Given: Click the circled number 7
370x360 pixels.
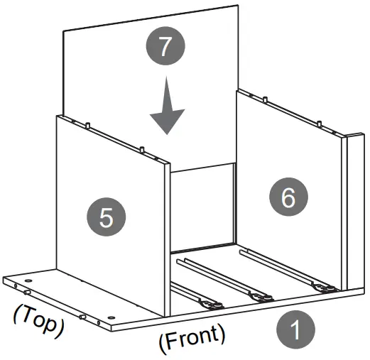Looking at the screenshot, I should point(165,48).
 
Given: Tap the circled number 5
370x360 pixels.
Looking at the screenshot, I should point(105,216).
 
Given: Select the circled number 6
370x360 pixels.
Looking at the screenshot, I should point(288,197).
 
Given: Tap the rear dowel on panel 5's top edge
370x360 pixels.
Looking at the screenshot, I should point(87,126).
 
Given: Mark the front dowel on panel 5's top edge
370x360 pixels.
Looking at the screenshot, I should point(143,150).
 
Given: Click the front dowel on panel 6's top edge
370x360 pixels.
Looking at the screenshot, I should point(321,125).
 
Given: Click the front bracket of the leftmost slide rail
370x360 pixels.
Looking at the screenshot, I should point(211,305).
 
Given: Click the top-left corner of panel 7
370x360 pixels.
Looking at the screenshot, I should point(65,32).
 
